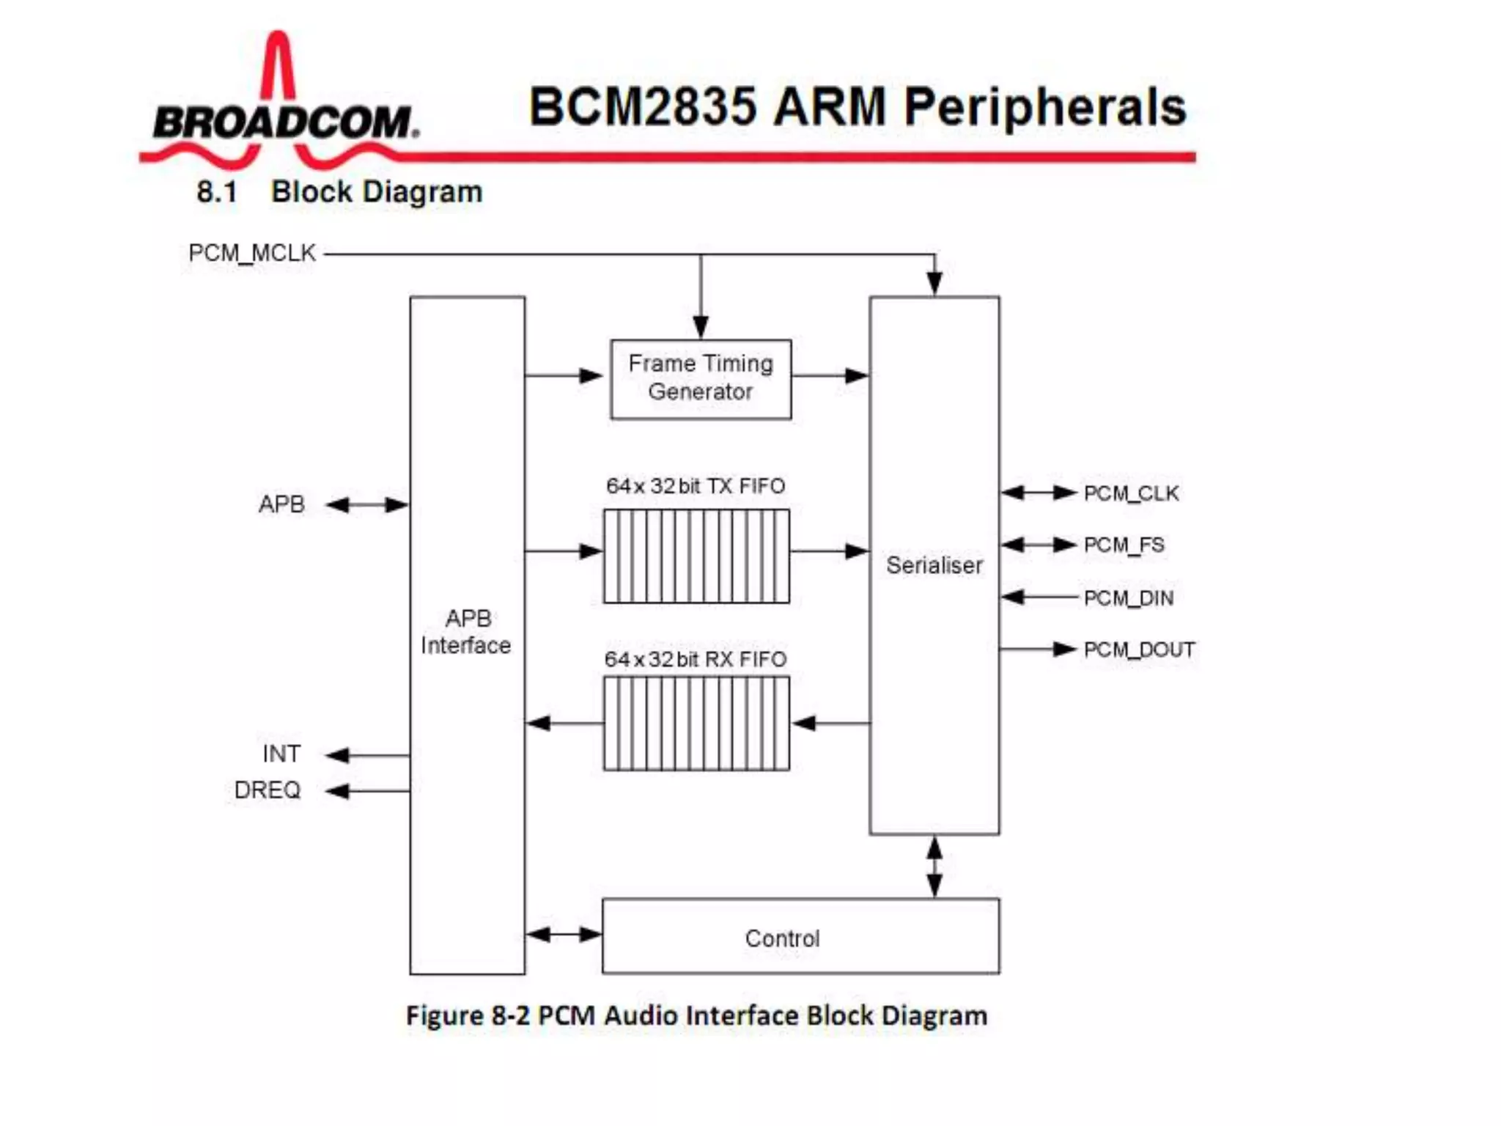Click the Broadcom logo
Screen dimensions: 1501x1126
click(x=282, y=110)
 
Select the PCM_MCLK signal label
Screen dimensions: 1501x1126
click(x=251, y=253)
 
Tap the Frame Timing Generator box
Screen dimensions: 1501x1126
click(x=701, y=378)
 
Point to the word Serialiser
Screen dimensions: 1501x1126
click(x=934, y=565)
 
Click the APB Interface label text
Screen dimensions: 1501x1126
click(x=467, y=632)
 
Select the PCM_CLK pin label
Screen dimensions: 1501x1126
click(x=1131, y=493)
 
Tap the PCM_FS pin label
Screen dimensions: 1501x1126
click(x=1124, y=545)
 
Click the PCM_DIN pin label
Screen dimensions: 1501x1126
click(x=1128, y=598)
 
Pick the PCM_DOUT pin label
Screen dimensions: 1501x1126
click(x=1139, y=650)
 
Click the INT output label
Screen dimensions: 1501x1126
click(x=281, y=754)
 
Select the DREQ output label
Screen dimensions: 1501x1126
click(x=268, y=790)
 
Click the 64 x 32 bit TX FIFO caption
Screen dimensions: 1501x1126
click(x=695, y=486)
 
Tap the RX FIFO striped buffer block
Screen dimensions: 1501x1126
click(x=696, y=724)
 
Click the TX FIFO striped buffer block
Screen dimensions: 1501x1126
click(x=696, y=556)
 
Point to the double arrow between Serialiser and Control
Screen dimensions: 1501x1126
click(x=934, y=866)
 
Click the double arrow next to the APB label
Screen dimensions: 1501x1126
click(x=366, y=504)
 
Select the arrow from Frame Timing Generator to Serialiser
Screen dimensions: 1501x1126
click(x=830, y=376)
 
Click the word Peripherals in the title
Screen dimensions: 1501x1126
click(x=1044, y=107)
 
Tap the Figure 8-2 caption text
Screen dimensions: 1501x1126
click(x=696, y=1016)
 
